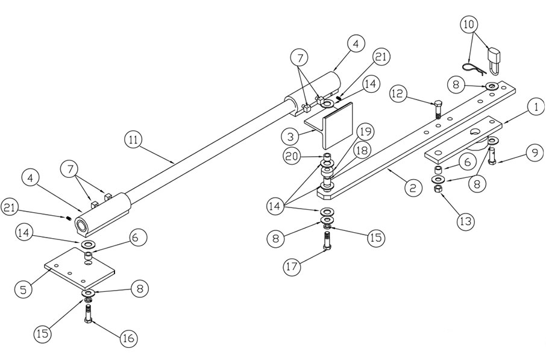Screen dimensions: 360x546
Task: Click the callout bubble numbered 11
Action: coord(133,139)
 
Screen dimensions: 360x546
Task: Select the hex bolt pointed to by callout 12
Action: coord(438,110)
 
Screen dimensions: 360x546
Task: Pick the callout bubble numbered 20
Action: coord(293,156)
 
